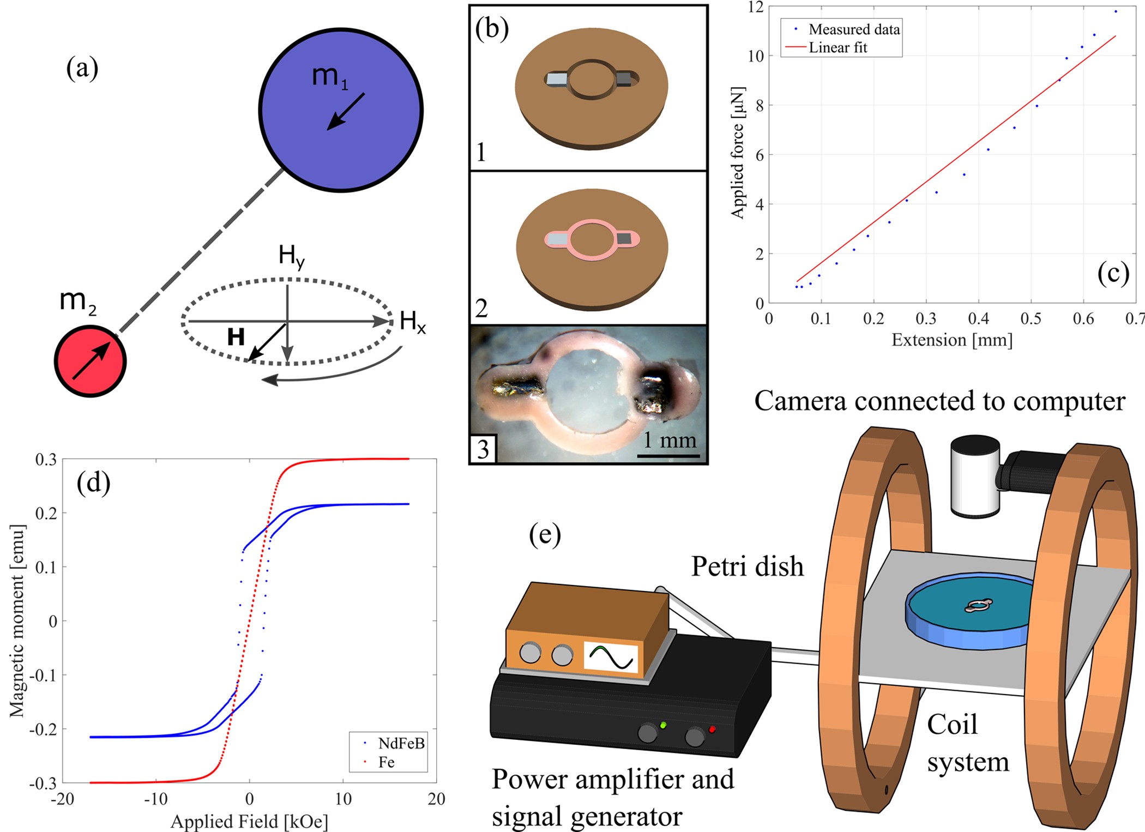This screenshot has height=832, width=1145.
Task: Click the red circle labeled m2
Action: (90, 361)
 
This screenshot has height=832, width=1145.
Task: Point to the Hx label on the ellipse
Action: (413, 322)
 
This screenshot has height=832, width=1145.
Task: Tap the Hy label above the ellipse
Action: (291, 256)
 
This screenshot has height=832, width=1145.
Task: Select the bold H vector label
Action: (236, 337)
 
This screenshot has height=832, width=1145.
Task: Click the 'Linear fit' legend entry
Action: (837, 48)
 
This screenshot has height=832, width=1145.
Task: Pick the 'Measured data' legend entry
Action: (854, 29)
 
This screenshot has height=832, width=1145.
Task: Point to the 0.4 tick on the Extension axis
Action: (978, 318)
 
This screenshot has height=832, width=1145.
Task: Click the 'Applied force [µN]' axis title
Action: (737, 153)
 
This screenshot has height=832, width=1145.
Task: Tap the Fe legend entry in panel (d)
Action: (387, 762)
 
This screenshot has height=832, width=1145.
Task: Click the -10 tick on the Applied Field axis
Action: (155, 799)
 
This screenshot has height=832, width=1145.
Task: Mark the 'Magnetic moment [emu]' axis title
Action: (17, 621)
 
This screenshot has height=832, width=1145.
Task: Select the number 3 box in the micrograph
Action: (483, 449)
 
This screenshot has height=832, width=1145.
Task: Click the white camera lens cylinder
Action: (975, 476)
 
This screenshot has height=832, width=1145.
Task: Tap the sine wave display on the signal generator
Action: (611, 658)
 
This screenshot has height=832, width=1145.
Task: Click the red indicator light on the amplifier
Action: (712, 729)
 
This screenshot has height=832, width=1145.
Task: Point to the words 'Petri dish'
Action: (748, 566)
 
